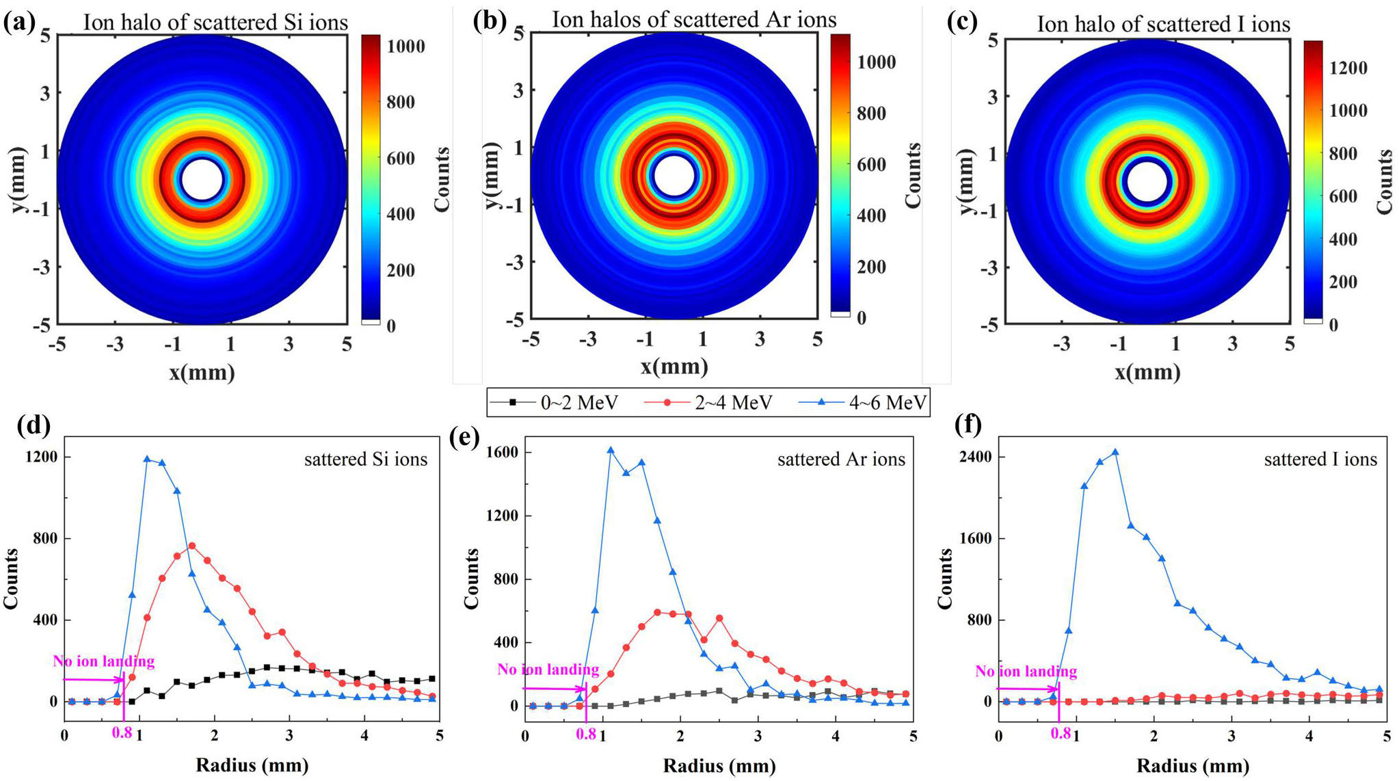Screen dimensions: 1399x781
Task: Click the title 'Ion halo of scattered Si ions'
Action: click(215, 22)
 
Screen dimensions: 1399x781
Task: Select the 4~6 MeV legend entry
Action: click(862, 403)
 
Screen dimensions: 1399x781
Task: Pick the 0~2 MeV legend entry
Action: click(555, 403)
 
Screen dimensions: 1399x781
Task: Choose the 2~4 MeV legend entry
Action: click(708, 403)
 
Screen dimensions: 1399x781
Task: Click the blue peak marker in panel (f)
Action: click(1115, 452)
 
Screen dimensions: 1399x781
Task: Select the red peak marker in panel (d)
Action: click(192, 546)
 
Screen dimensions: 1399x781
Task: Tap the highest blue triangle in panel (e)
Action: click(611, 450)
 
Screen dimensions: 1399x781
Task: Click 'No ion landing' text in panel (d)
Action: click(104, 661)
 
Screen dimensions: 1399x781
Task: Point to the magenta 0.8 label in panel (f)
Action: click(1061, 734)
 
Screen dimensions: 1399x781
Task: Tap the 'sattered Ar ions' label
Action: click(841, 460)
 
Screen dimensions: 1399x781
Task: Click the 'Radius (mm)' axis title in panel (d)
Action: click(252, 765)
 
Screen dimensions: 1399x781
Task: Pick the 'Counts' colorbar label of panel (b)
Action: click(913, 176)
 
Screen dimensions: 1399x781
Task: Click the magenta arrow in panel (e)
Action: click(555, 689)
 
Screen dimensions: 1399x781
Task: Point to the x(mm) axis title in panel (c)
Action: click(1147, 372)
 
